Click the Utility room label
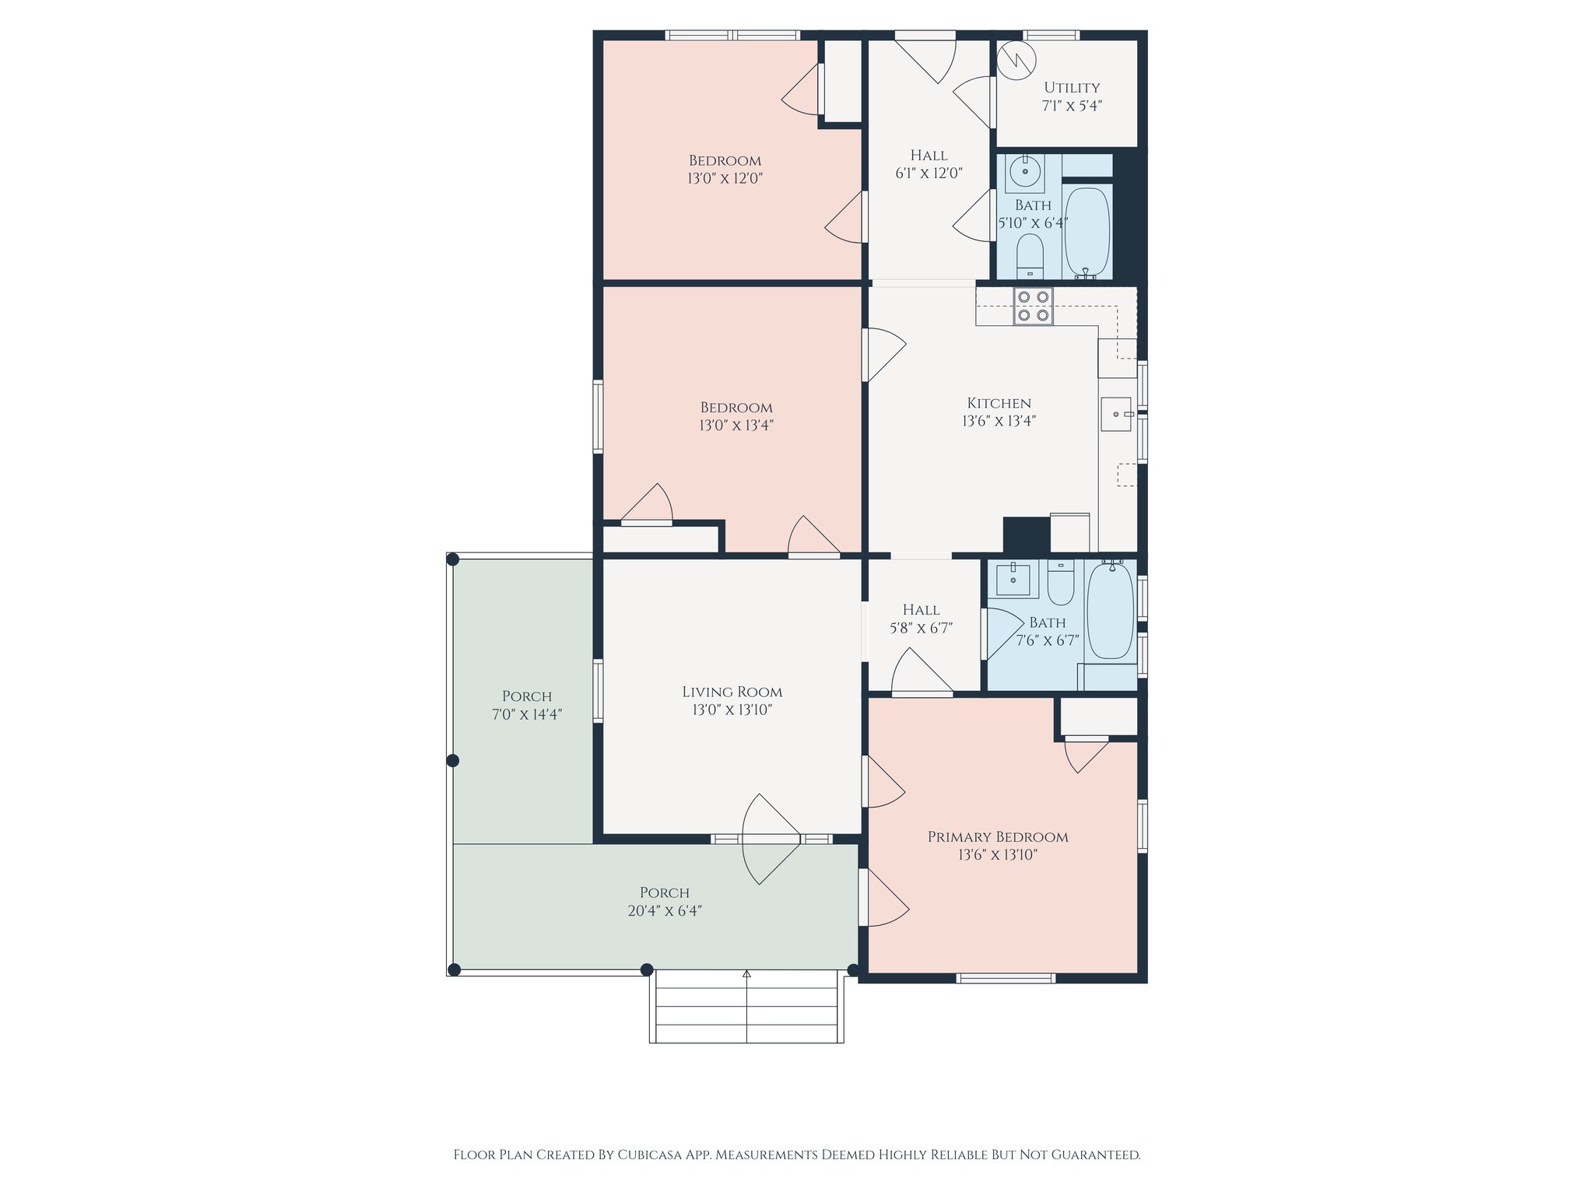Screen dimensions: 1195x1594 (x=1072, y=88)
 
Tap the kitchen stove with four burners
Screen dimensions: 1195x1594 (x=1033, y=306)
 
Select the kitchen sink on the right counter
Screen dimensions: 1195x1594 (x=1116, y=414)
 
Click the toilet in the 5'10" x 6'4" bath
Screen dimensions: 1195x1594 (x=1030, y=256)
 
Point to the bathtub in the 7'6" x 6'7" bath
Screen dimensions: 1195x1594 (x=1110, y=611)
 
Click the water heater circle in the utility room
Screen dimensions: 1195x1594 (x=1016, y=60)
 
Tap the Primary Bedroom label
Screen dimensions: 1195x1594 (x=998, y=837)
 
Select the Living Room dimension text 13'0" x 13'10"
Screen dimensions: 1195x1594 (x=732, y=710)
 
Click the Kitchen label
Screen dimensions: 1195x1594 (x=999, y=403)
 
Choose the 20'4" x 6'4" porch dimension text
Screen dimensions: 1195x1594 (x=665, y=910)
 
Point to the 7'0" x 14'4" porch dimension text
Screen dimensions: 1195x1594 (x=527, y=714)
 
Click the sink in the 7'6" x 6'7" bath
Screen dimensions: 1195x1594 (x=1013, y=580)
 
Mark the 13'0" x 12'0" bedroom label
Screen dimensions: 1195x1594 (x=725, y=170)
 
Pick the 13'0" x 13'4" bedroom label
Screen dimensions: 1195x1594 (x=736, y=416)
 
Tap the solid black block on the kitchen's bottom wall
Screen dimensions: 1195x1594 (x=1026, y=535)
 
